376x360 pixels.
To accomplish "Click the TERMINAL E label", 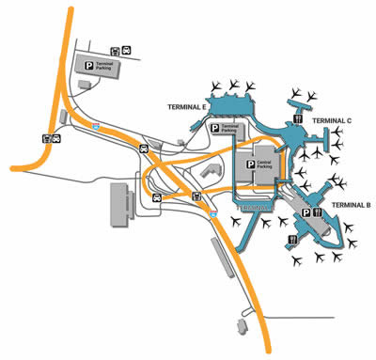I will point(186,107).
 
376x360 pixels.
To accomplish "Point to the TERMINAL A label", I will point(256,205).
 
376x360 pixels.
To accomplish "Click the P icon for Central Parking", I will point(250,164).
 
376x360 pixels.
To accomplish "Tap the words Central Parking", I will point(267,164).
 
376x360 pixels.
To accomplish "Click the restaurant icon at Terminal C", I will point(297,120).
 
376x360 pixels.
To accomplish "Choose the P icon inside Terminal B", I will point(306,213).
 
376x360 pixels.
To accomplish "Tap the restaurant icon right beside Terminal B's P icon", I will point(320,213).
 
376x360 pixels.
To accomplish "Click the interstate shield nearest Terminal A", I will point(213,217).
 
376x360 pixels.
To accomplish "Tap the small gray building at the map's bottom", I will point(239,326).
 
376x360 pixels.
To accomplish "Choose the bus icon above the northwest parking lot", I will point(115,52).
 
